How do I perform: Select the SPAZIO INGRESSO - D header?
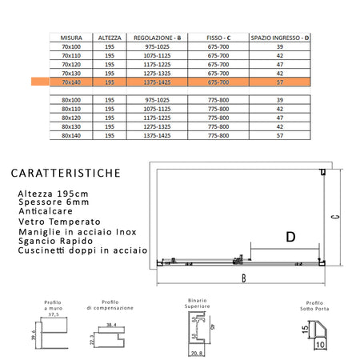[280, 37]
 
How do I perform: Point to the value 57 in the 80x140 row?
[280, 135]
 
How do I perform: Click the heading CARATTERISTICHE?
[66, 173]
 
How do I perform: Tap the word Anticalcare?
[46, 212]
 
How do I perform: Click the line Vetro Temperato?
[58, 222]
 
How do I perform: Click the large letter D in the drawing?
[290, 236]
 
